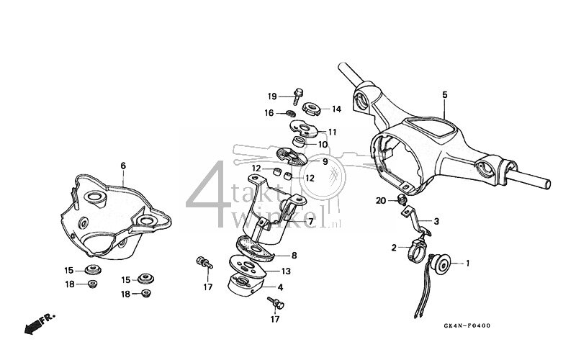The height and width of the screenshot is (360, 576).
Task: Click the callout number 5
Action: (444, 94)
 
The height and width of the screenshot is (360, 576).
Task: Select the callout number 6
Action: (123, 166)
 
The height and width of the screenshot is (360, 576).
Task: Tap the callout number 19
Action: (272, 96)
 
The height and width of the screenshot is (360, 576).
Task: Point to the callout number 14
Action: (336, 109)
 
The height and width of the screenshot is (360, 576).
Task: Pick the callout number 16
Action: (269, 113)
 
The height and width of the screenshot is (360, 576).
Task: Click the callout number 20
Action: (380, 200)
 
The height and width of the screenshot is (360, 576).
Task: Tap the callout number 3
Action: (436, 222)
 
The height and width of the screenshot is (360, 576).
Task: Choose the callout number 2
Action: (394, 248)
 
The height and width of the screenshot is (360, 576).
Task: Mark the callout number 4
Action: (279, 288)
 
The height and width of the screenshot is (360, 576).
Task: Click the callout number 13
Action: (286, 271)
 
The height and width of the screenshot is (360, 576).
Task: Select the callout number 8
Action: (294, 255)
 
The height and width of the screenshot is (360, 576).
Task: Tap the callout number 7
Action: (310, 222)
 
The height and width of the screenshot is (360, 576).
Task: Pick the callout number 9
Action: (325, 162)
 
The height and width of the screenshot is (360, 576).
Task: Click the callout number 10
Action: (323, 145)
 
